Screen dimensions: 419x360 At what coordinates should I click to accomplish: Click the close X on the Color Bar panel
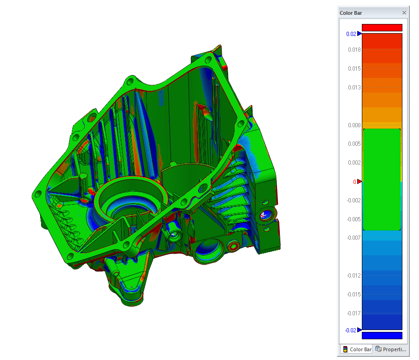click(x=404, y=13)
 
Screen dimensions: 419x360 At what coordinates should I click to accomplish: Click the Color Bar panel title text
click(x=351, y=13)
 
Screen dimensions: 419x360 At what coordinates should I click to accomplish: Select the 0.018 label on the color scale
click(x=354, y=50)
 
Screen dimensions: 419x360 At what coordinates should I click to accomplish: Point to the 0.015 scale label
click(x=354, y=69)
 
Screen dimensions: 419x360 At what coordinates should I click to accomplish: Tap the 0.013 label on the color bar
click(x=354, y=88)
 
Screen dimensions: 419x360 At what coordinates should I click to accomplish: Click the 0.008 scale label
click(x=354, y=125)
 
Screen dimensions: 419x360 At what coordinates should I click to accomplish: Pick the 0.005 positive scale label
click(x=354, y=144)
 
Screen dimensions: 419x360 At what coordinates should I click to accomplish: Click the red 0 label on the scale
click(x=354, y=182)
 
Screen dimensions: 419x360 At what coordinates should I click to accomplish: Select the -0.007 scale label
click(x=354, y=238)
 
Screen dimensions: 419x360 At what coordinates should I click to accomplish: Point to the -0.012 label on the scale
click(x=354, y=276)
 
